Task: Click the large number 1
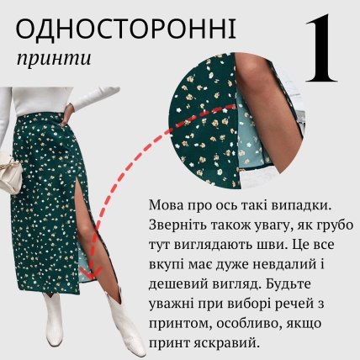pyautogui.click(x=321, y=48)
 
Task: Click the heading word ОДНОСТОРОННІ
pyautogui.click(x=126, y=29)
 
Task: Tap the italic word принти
pyautogui.click(x=54, y=59)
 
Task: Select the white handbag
pyautogui.click(x=11, y=173)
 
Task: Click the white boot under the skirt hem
pyautogui.click(x=54, y=319)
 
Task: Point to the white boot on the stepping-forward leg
pyautogui.click(x=124, y=324)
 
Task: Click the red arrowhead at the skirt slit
pyautogui.click(x=92, y=271)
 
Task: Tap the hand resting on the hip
pyautogui.click(x=66, y=114)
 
